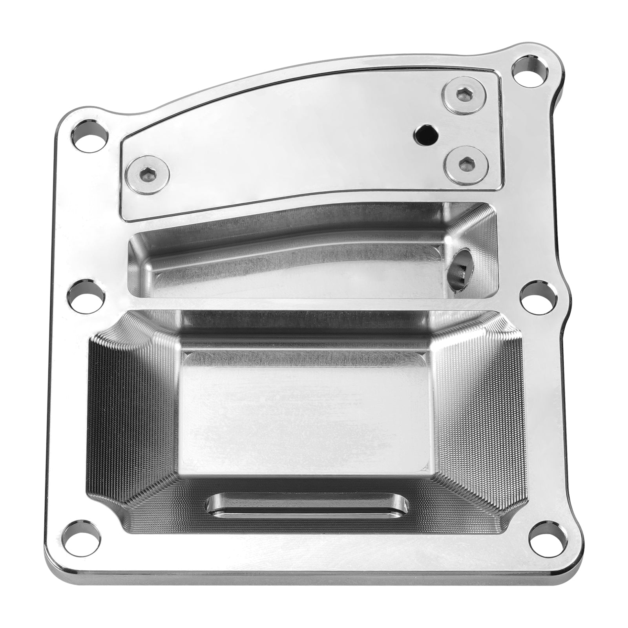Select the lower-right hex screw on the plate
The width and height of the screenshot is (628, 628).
[x=466, y=164]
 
